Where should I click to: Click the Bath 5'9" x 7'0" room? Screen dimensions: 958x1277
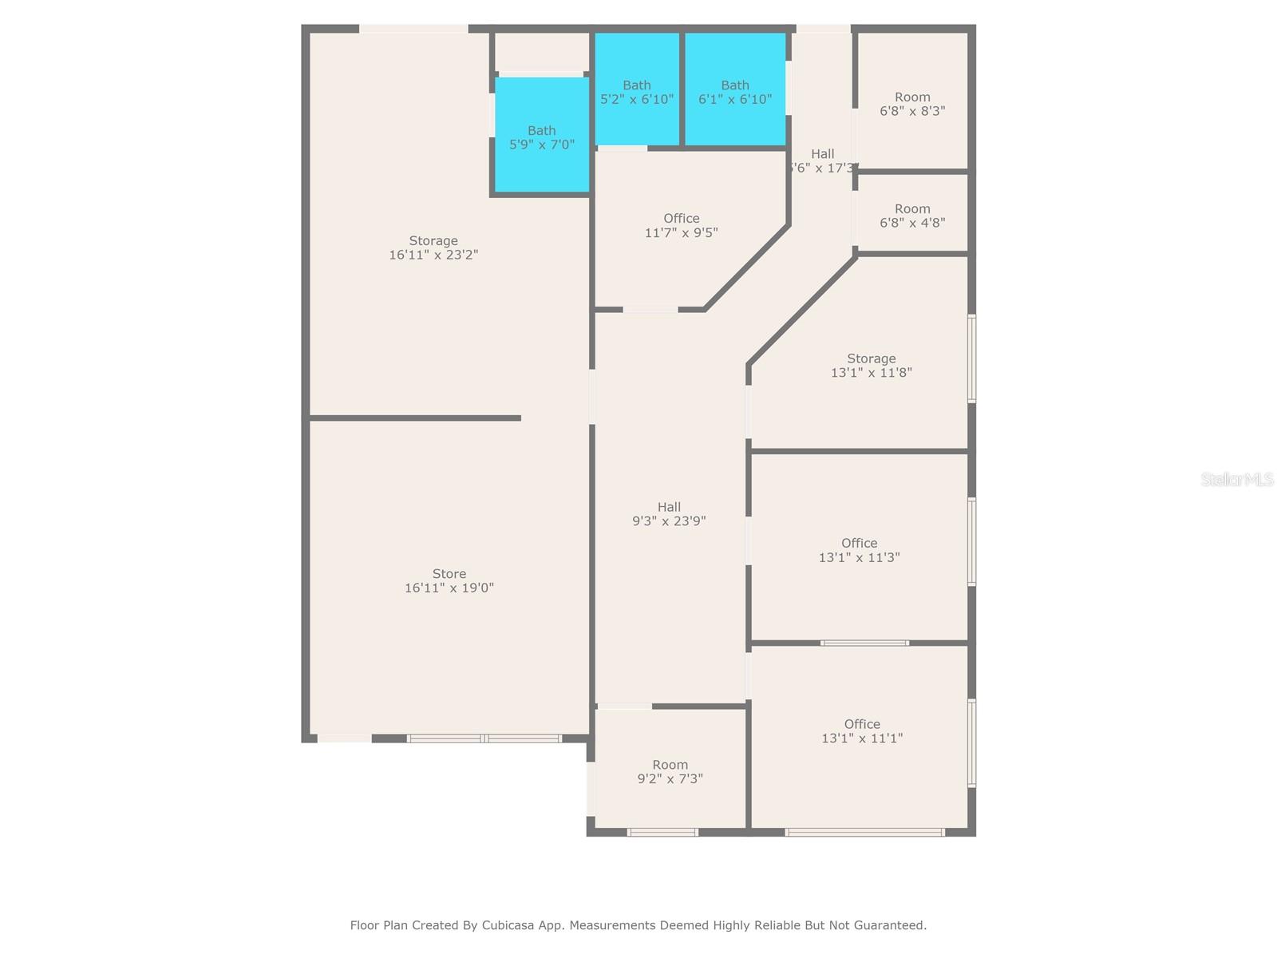[x=542, y=137]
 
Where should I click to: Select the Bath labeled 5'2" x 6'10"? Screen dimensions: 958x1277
[x=637, y=92]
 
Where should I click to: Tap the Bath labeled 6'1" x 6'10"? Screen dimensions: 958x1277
[x=735, y=92]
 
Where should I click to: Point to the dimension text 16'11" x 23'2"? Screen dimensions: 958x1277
[x=433, y=255]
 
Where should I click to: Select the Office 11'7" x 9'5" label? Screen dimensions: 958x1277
[x=681, y=225]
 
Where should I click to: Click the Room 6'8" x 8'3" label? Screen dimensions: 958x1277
[x=912, y=104]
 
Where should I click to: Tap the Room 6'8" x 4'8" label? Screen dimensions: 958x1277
[x=912, y=216]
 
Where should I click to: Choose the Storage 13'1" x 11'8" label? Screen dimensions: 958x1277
[x=871, y=366]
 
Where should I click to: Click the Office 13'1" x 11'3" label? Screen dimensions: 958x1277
[x=859, y=550]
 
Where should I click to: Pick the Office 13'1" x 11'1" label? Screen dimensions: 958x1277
[x=862, y=731]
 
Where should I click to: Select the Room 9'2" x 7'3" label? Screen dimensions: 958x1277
[x=670, y=772]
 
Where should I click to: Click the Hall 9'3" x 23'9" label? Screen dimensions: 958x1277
[x=669, y=514]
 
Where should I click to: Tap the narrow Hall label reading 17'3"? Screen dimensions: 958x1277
[x=823, y=161]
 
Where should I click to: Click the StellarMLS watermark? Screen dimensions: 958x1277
[x=1237, y=480]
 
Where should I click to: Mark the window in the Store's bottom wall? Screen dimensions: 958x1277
[x=484, y=738]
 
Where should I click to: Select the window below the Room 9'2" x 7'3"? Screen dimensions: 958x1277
[x=662, y=833]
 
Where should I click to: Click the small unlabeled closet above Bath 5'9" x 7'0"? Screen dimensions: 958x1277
[x=541, y=52]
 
